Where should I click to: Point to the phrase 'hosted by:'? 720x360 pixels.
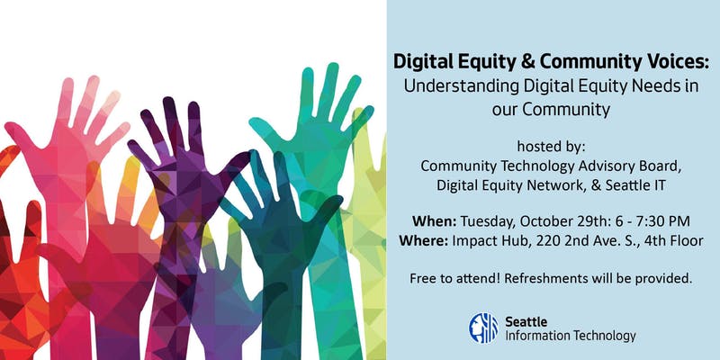pos(551,146)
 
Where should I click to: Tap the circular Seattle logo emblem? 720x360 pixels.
pos(483,328)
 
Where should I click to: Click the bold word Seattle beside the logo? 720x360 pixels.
pos(526,320)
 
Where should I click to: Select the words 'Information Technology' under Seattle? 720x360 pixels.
pos(571,336)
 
